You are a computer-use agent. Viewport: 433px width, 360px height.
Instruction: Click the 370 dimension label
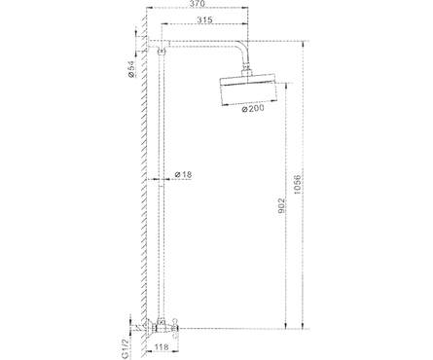coord(198,4)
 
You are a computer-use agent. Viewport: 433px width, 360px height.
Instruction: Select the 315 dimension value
coord(205,19)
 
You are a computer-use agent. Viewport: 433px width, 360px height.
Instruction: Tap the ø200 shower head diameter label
coord(253,109)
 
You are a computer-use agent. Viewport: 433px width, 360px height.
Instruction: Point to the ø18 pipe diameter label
coord(183,174)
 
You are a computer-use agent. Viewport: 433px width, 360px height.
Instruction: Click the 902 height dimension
coord(281,206)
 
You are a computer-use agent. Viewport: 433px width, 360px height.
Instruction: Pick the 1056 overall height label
coord(297,185)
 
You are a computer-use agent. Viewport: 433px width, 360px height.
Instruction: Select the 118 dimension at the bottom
coord(162,347)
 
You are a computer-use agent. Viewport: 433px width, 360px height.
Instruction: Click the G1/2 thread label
coord(125,349)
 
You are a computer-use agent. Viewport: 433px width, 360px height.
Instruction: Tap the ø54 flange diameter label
coord(131,70)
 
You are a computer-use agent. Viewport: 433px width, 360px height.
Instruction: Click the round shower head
coord(248,91)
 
